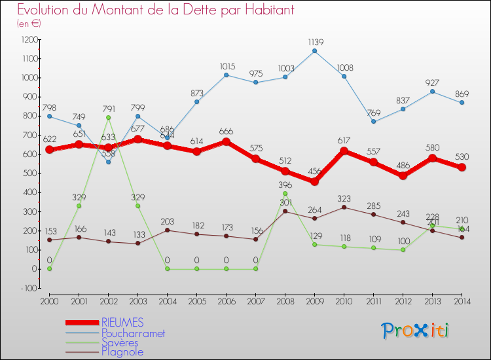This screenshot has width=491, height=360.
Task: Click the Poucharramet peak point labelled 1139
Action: click(x=314, y=51)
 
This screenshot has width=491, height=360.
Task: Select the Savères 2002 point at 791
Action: click(x=108, y=118)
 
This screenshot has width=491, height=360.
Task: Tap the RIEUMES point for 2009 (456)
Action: click(x=314, y=181)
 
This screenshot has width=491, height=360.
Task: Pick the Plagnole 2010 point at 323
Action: click(x=344, y=207)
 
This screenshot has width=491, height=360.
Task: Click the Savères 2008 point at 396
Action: click(x=285, y=194)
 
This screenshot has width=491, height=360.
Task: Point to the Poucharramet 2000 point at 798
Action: click(x=49, y=117)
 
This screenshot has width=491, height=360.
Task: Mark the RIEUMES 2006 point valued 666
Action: click(x=226, y=141)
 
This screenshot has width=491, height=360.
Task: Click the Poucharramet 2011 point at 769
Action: click(x=373, y=122)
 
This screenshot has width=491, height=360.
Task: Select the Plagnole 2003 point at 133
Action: click(x=137, y=243)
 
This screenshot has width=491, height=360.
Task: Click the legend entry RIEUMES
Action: click(x=122, y=323)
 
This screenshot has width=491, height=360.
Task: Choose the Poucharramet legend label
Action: click(x=133, y=333)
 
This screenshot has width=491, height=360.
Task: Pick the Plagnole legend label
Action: click(x=122, y=352)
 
